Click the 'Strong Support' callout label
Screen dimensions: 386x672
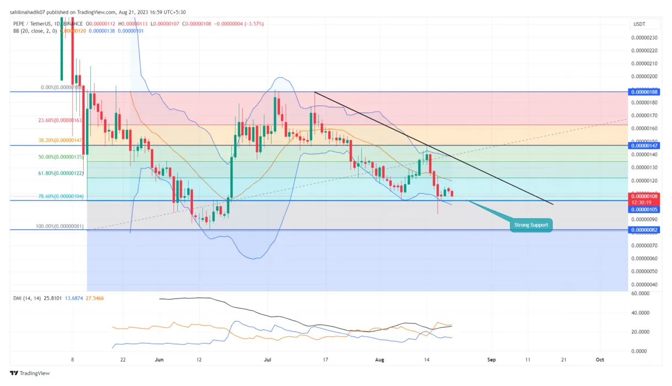pos(531,225)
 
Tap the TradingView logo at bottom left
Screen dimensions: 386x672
pos(30,373)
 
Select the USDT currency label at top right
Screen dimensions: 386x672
pos(638,24)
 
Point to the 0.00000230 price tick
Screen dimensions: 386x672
pos(644,37)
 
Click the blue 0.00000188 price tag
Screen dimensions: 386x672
pos(644,92)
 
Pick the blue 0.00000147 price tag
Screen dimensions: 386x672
pos(644,145)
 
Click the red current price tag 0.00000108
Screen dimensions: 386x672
pos(644,195)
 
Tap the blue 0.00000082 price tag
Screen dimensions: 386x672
pos(644,230)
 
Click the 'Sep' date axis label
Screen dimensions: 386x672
pos(491,360)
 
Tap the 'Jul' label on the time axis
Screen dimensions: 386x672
pos(268,360)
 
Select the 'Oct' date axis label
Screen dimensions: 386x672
pos(600,360)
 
